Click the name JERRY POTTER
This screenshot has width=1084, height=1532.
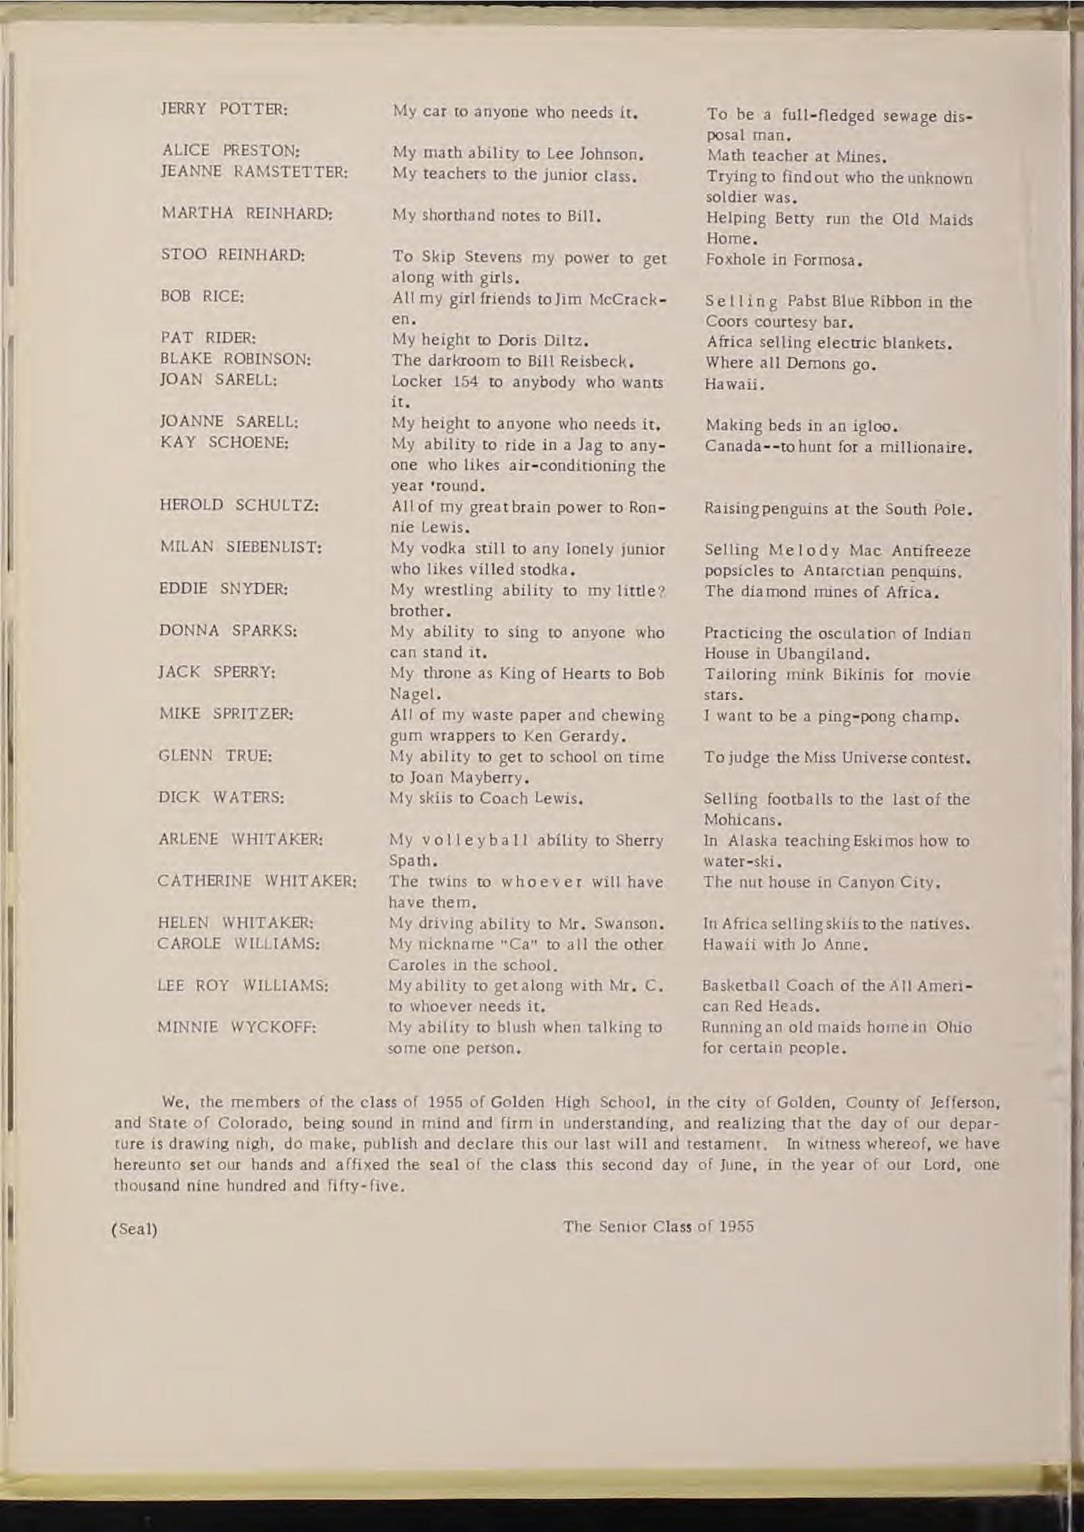[223, 109]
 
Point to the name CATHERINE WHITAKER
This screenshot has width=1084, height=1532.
[257, 881]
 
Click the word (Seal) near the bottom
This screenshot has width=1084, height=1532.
[134, 1229]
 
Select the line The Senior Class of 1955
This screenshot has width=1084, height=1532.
[658, 1226]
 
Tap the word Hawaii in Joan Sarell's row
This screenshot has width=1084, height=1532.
[733, 385]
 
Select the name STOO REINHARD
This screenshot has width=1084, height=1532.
[232, 256]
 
